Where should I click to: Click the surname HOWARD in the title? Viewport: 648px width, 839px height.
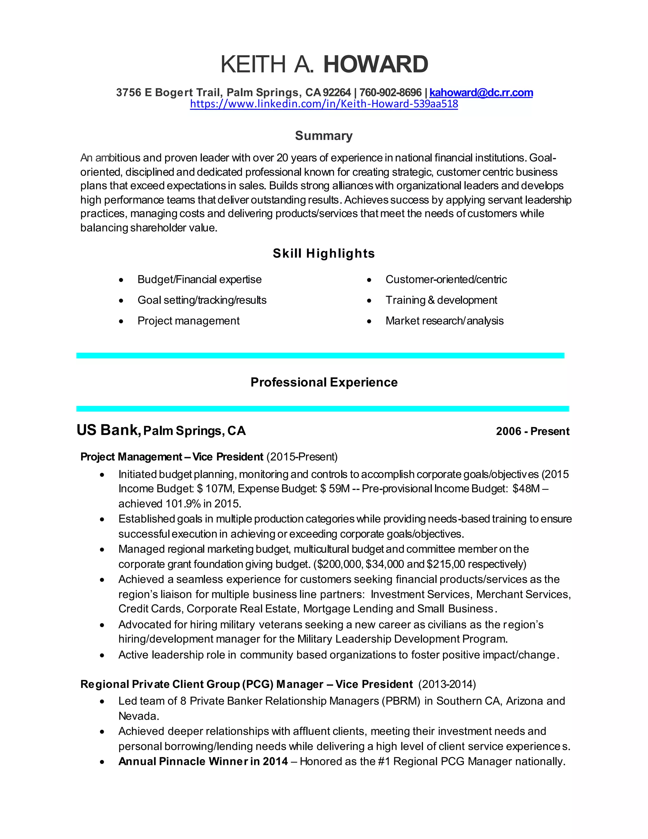[376, 64]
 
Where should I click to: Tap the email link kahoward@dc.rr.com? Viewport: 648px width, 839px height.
[481, 92]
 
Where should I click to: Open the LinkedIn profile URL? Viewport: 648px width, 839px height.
[324, 104]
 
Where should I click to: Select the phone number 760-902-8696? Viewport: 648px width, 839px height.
[390, 92]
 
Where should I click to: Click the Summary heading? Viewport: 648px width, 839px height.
[324, 136]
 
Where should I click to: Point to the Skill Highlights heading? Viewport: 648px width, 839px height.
[324, 254]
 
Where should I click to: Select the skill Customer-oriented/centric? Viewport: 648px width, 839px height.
[446, 279]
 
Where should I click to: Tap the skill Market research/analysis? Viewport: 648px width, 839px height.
[444, 321]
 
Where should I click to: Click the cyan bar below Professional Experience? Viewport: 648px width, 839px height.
[322, 409]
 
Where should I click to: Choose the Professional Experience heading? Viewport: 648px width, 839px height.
[324, 382]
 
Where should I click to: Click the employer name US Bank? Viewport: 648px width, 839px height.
[108, 430]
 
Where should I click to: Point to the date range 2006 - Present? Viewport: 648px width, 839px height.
[533, 432]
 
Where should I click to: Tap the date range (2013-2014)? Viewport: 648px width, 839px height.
[447, 684]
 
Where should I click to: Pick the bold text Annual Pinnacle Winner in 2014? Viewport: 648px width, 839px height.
[203, 761]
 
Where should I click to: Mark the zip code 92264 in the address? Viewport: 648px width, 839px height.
[337, 92]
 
